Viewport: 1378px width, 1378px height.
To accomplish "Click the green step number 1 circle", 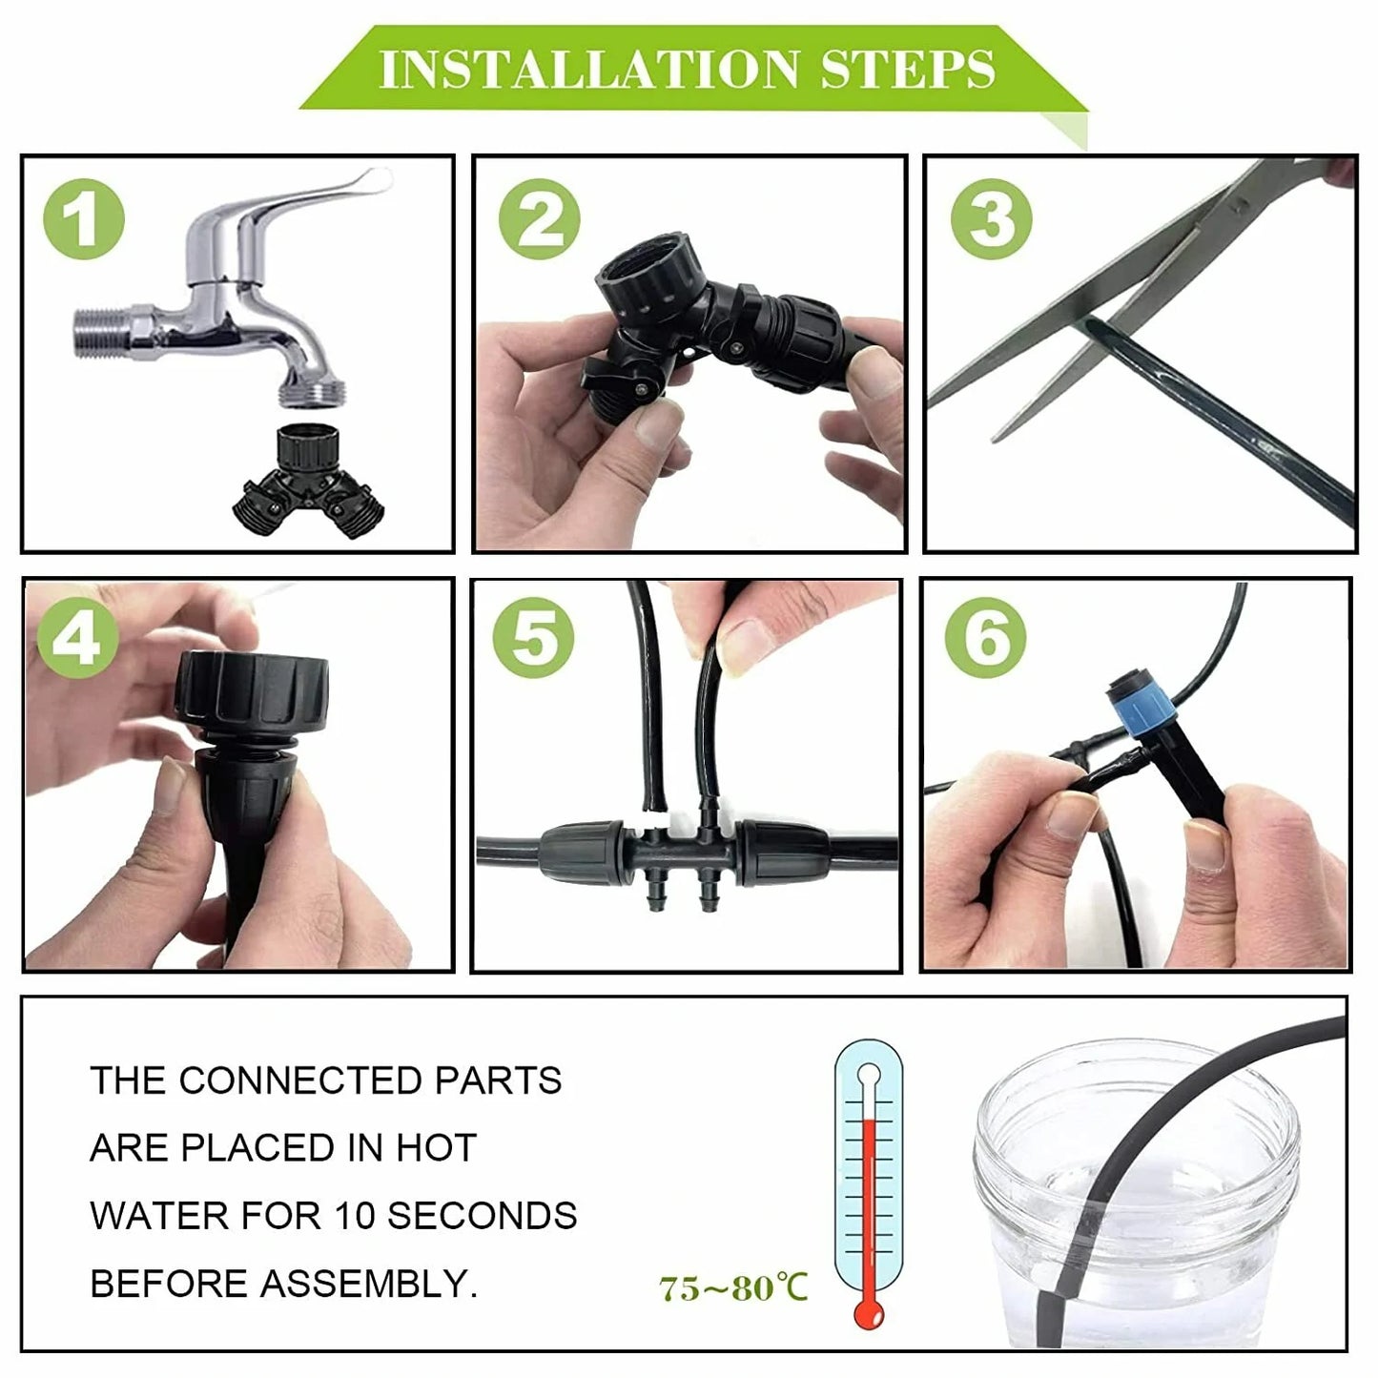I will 84,219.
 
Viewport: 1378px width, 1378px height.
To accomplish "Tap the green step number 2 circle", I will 539,219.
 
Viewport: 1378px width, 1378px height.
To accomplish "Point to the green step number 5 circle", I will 533,637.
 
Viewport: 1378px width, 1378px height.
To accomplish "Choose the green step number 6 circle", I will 986,637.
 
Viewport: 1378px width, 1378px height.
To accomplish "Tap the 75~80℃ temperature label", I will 732,1288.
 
